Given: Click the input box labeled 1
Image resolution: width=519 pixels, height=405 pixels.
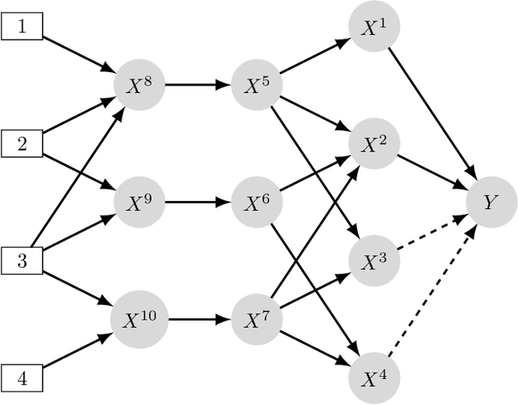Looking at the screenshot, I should pos(23,28).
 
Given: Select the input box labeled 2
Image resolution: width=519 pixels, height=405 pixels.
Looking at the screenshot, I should pos(23,145).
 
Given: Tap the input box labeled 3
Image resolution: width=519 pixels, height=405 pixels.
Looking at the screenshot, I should pos(23,261).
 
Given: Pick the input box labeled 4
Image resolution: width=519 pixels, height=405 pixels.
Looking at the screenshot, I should pos(23,377).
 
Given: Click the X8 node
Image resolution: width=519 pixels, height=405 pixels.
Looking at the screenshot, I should pos(139,85).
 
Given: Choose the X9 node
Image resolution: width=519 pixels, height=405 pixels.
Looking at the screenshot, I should pos(139,202).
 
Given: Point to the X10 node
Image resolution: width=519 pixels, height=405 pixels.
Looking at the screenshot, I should pos(139,318).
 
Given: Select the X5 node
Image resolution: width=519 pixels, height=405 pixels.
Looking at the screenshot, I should pos(256,85).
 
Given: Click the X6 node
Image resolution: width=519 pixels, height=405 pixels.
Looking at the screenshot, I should pos(256,202).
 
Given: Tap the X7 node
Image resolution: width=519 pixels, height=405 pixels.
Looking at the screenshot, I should pos(256,318).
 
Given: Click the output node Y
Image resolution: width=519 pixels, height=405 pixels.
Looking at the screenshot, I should pos(489,202).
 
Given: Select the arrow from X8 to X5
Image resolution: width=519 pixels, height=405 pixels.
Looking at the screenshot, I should pos(197,85).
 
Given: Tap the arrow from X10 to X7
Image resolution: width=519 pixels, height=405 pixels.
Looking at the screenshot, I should pos(197,318).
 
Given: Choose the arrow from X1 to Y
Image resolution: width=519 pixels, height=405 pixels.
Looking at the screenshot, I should pos(431,114).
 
